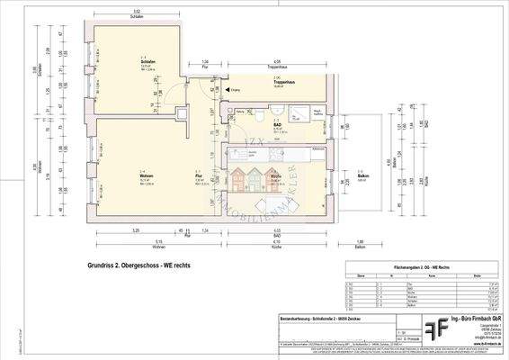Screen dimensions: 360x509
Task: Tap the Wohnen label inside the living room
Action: pos(143,171)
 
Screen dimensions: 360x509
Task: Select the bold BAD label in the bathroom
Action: pos(279,125)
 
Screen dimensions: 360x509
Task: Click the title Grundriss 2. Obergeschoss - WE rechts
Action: pos(139,266)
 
